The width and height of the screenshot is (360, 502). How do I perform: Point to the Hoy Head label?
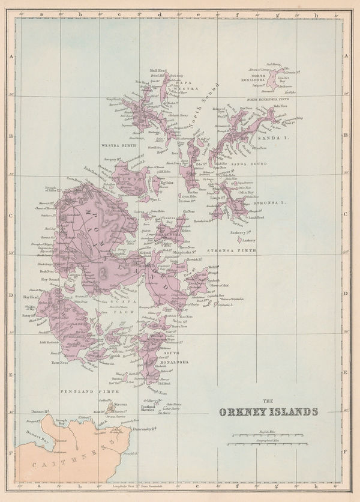[x=31, y=297]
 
